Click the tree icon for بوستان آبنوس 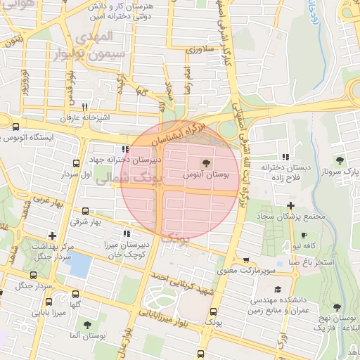[205, 162]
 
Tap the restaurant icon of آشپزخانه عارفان [84, 108]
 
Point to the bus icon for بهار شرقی [85, 211]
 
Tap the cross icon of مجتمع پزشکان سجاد [290, 205]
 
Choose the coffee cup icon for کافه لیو [304, 236]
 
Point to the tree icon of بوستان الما [87, 325]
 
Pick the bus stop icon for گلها [75, 295]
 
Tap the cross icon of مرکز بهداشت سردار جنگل [52, 236]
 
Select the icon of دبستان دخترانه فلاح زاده [285, 157]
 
